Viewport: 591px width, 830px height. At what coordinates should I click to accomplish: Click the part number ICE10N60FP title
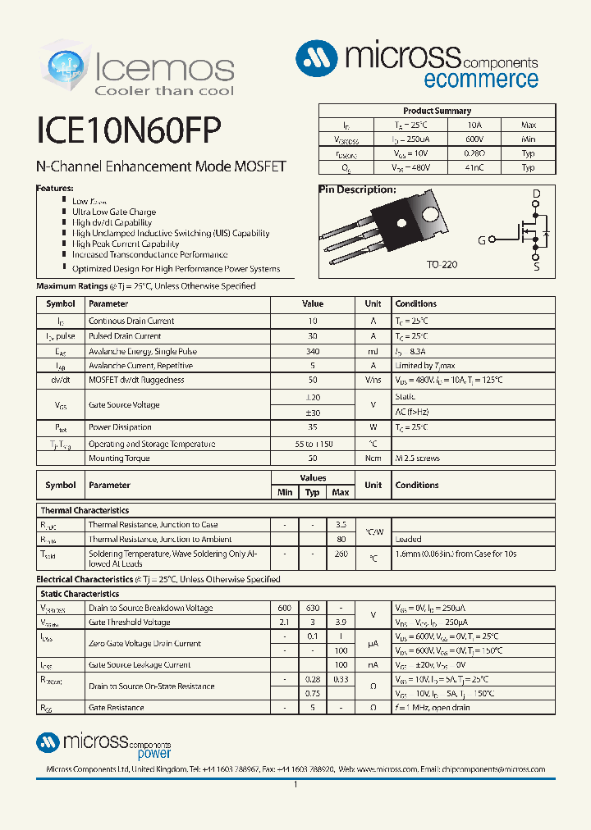point(128,130)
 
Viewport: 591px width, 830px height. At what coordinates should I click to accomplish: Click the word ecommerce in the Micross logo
point(481,80)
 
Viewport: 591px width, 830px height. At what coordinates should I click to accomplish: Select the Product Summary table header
point(437,111)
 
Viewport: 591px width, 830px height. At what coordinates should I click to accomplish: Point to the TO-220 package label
point(441,266)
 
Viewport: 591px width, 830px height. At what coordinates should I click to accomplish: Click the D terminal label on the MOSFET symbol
point(536,195)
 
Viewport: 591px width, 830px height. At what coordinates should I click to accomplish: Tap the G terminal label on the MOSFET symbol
point(482,240)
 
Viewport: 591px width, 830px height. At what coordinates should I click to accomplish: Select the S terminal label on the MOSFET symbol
point(536,267)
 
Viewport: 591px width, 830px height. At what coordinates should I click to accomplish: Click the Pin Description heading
point(357,189)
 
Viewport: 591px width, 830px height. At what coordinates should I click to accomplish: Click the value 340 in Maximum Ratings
point(312,351)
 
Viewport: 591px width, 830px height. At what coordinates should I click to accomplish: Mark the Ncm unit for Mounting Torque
point(373,458)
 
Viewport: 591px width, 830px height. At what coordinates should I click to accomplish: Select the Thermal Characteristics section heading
point(85,510)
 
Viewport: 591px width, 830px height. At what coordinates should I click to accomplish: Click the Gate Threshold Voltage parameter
point(129,622)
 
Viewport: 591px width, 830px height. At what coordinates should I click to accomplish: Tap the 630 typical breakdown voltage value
point(312,609)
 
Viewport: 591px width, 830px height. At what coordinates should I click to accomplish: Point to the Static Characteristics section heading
point(80,594)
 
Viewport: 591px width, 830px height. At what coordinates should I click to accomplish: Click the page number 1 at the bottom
point(295,785)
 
